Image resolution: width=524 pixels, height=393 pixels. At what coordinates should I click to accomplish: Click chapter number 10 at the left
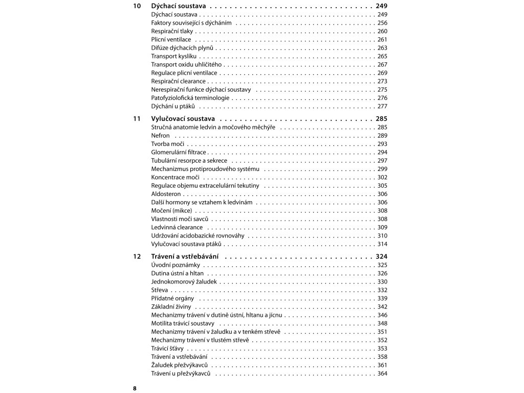point(136,6)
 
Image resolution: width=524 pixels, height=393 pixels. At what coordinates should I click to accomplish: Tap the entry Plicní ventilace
point(171,39)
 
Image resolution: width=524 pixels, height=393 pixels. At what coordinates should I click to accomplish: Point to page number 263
point(382,48)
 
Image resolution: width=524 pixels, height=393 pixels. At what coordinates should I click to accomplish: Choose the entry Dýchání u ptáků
point(173,106)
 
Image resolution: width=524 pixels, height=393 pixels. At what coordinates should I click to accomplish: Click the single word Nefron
point(160,136)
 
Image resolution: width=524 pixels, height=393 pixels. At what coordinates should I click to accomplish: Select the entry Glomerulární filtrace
point(179,152)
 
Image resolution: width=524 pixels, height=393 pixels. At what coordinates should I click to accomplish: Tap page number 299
point(382,169)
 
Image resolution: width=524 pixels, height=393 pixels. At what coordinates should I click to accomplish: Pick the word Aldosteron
point(166,194)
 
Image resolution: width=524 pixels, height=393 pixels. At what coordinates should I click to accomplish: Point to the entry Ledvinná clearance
point(177,227)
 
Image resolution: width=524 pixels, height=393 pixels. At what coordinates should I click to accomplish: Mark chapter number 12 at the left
point(136,256)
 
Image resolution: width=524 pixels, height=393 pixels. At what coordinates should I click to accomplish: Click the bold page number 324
point(381,256)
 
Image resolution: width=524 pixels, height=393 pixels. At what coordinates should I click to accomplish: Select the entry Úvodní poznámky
point(176,265)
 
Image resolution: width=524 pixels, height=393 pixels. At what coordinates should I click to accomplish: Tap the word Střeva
point(160,290)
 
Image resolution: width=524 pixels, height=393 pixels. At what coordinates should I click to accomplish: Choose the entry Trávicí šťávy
point(167,348)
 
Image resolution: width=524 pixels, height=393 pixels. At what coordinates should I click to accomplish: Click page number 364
point(382,374)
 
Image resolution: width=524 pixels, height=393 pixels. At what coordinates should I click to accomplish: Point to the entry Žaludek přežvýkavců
point(179,365)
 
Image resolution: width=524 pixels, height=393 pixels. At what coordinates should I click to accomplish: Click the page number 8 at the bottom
point(135,388)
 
